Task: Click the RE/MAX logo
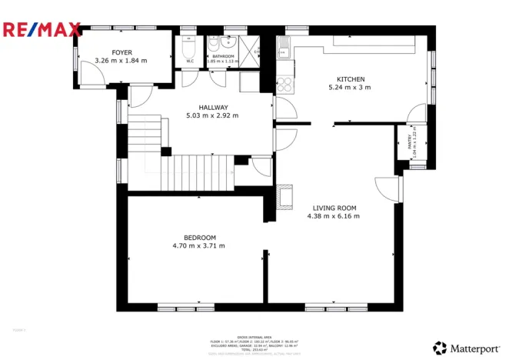click(42, 30)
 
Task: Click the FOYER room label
click(121, 52)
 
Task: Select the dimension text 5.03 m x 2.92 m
click(212, 115)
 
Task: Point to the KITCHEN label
click(350, 79)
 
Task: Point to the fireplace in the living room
click(284, 196)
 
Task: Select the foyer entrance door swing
click(91, 73)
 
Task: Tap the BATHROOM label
click(223, 56)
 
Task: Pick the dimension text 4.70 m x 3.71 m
click(199, 246)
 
